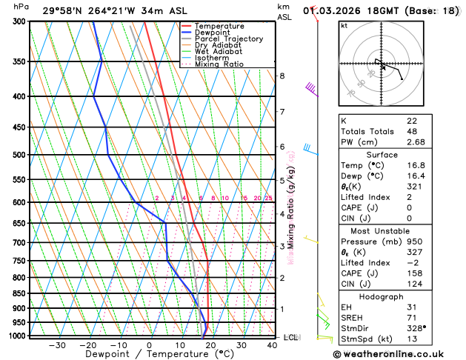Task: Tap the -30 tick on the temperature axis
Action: [x=57, y=344]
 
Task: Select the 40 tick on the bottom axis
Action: [x=273, y=344]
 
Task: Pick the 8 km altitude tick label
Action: [x=282, y=76]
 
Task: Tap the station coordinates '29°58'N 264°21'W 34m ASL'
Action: [x=104, y=10]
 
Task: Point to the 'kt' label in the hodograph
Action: [x=344, y=25]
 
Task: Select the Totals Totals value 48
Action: [x=411, y=131]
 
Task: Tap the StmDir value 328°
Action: [x=416, y=329]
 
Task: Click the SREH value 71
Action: [x=411, y=318]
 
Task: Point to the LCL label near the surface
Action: [x=290, y=337]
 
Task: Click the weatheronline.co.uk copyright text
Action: [x=394, y=354]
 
